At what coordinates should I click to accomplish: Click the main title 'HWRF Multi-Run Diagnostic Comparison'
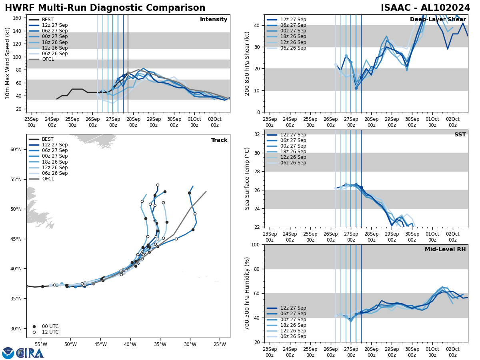[x=105, y=8]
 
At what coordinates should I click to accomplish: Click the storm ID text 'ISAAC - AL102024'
[x=425, y=8]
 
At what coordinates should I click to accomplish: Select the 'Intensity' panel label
[x=214, y=20]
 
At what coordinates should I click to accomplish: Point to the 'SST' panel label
[x=460, y=135]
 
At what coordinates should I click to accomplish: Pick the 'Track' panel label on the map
[x=219, y=140]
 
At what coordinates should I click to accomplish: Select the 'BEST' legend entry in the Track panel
[x=48, y=139]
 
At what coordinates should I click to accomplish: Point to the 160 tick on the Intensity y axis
[x=18, y=18]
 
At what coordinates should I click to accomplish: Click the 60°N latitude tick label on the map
[x=16, y=150]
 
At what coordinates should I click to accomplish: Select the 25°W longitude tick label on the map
[x=220, y=344]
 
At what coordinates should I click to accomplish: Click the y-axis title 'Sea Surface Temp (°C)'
[x=247, y=178]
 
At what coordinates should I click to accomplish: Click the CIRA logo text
[x=30, y=353]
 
